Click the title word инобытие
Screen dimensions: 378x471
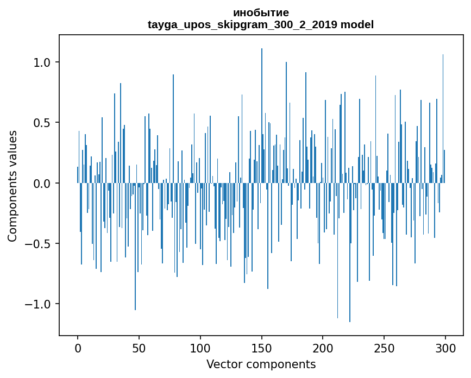click(261, 12)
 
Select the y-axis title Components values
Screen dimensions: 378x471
click(12, 186)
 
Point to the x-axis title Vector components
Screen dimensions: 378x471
click(261, 364)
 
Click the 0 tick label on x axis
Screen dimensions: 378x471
click(78, 348)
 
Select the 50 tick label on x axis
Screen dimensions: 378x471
click(139, 348)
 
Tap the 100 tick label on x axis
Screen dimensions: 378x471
click(200, 348)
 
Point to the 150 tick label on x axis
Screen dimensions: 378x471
click(262, 348)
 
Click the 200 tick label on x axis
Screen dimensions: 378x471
click(323, 348)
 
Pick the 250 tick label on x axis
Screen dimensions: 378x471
click(385, 348)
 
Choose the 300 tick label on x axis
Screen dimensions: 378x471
click(446, 348)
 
